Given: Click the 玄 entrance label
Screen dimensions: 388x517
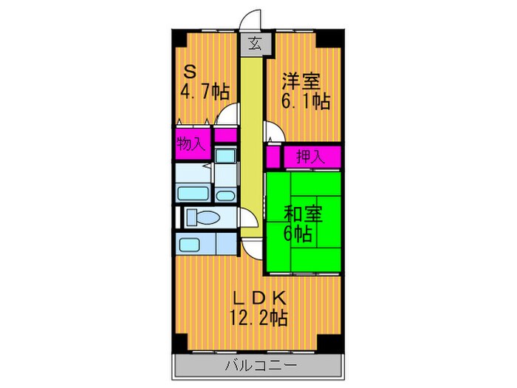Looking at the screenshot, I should tap(254, 44).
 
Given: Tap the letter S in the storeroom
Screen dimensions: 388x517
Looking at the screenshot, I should tap(190, 72).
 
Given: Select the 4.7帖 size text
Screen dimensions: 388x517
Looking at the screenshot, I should tap(205, 92).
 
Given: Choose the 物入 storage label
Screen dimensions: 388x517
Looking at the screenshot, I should tap(191, 143).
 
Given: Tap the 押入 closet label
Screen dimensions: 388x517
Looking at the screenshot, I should tap(309, 157).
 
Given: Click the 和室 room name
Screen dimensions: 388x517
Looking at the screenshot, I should tap(303, 214).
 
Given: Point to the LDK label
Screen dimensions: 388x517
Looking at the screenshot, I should tap(258, 298).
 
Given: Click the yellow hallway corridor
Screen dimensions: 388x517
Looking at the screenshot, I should tap(253, 148).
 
